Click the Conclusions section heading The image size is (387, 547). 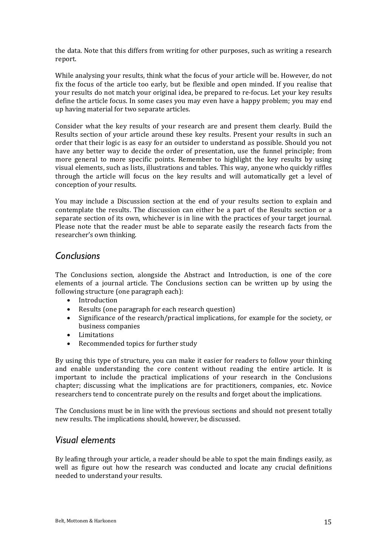click(77, 256)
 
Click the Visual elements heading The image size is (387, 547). click(85, 440)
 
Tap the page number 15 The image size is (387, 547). click(327, 522)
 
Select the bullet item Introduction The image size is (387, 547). click(98, 300)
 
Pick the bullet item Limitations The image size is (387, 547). click(96, 335)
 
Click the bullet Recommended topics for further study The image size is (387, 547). click(138, 344)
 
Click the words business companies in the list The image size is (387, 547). click(109, 326)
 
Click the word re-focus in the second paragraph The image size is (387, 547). click(254, 93)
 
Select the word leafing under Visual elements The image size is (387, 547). click(76, 459)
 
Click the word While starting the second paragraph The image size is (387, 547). click(64, 76)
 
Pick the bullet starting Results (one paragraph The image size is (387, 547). click(156, 309)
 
